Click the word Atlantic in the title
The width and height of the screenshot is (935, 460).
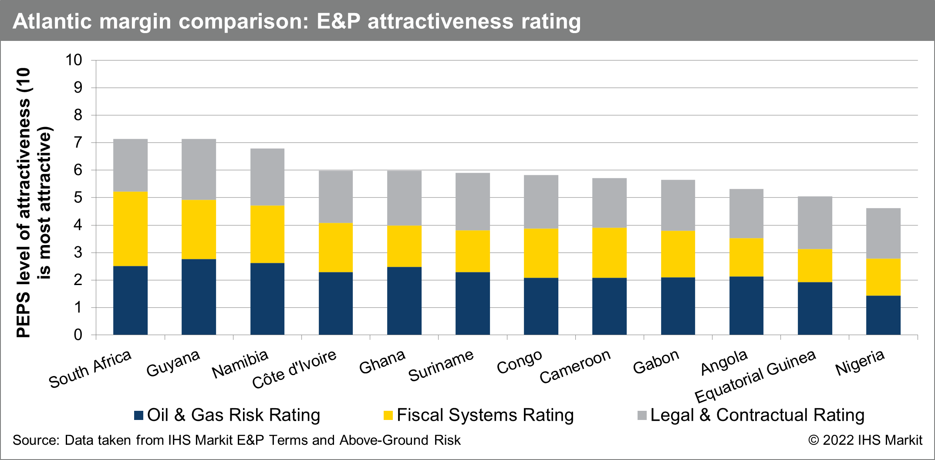pos(52,21)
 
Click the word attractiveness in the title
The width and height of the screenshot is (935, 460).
pos(440,21)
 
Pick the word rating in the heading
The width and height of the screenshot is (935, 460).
pos(551,21)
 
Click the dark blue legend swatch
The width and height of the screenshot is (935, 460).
pos(138,415)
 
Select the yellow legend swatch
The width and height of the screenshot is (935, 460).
pos(388,415)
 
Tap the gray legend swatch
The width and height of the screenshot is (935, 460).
pos(642,415)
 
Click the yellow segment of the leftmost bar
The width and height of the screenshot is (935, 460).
pos(131,228)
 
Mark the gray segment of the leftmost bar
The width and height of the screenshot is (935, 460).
pos(131,165)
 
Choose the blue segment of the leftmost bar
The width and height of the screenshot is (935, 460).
pos(131,300)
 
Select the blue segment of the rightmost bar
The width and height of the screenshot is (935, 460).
pos(883,315)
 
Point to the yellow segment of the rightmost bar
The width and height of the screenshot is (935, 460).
pos(883,277)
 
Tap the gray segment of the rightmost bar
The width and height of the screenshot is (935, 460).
pos(883,233)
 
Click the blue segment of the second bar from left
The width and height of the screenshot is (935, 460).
pos(199,297)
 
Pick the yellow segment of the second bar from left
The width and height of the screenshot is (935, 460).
pos(199,229)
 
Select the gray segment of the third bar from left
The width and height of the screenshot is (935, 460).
pos(267,177)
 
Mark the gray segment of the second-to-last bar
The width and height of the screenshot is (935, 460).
pos(815,222)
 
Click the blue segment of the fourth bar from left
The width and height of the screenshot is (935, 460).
pos(336,303)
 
